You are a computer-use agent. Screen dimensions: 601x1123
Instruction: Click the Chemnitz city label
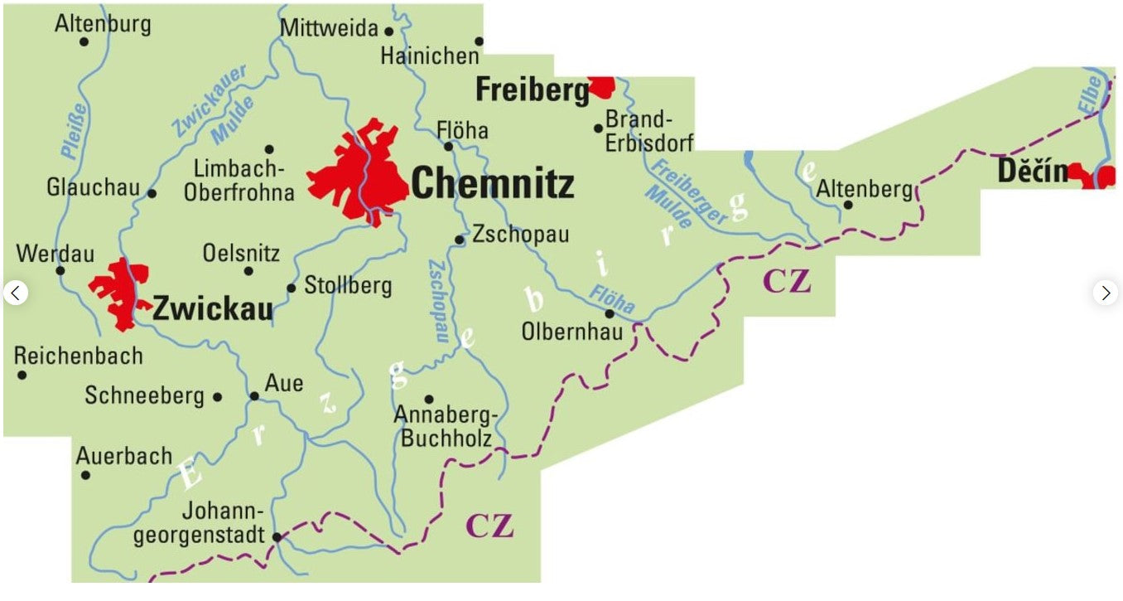[492, 183]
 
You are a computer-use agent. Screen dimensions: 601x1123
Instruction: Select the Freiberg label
[531, 90]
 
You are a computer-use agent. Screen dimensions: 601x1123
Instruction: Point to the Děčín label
[1032, 172]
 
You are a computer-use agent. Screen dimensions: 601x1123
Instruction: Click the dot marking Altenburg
[84, 41]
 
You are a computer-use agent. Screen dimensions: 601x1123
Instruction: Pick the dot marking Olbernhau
[610, 313]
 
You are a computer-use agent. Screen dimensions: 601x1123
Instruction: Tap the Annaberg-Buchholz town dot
[429, 399]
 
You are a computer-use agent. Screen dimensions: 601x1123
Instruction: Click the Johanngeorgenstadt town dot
[277, 536]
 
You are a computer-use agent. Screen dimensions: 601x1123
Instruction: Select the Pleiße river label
[74, 130]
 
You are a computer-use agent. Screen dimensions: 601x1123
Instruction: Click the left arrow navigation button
[16, 293]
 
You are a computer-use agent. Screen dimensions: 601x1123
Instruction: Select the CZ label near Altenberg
[786, 282]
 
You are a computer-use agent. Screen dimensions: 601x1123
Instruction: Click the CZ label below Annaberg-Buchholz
[489, 525]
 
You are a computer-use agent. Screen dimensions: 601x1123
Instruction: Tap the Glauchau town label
[93, 187]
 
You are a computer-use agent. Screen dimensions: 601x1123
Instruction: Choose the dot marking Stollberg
[292, 288]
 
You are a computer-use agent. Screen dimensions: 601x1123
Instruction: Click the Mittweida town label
[329, 29]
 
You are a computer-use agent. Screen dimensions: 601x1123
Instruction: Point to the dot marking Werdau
[60, 269]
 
